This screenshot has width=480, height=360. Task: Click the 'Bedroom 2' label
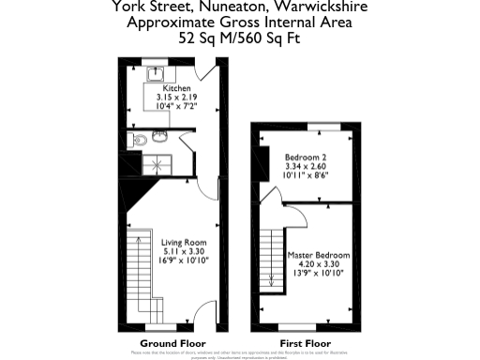[x=305, y=157]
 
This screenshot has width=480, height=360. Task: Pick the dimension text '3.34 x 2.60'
[x=305, y=167]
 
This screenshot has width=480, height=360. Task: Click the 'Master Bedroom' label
[x=320, y=255]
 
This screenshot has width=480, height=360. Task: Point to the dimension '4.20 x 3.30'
[x=320, y=264]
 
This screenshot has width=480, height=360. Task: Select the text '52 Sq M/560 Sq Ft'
[x=240, y=38]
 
